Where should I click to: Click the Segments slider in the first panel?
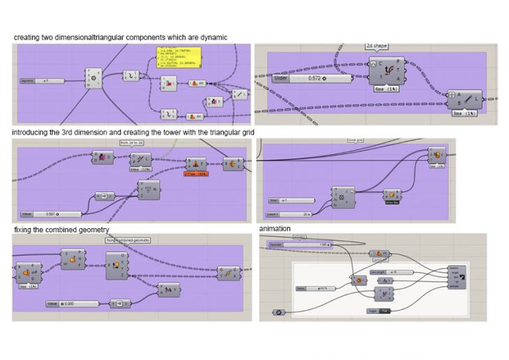click(x=43, y=81)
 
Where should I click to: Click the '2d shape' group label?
click(x=378, y=46)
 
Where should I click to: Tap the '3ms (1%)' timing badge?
click(x=460, y=112)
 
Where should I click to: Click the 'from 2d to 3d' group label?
click(x=131, y=142)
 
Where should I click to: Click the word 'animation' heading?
click(x=275, y=228)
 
